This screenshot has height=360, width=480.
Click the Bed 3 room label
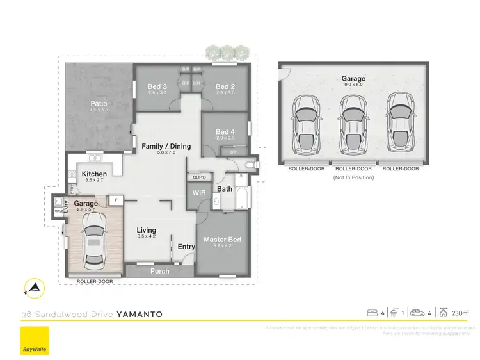point(157,87)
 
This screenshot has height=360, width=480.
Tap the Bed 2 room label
point(225,87)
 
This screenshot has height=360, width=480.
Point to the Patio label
point(98,104)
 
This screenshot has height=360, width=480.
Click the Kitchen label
point(94,174)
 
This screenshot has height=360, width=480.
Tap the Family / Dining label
point(166,146)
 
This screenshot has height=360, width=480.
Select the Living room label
point(147,230)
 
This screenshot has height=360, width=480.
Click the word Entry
point(186,247)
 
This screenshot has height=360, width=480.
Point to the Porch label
point(159,271)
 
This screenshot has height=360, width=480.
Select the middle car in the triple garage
point(353,119)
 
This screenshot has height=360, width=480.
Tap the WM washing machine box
point(58,211)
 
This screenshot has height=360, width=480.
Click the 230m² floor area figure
point(460,313)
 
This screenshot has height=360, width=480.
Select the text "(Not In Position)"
point(353,177)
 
